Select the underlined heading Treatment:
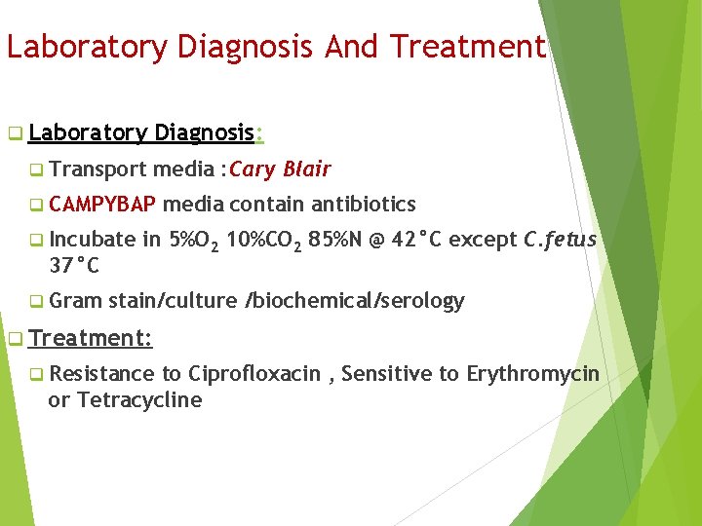coord(90,338)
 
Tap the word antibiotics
coord(364,205)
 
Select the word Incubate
coord(93,240)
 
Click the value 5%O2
coord(195,241)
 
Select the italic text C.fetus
coord(560,240)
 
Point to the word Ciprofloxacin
coord(254,374)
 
